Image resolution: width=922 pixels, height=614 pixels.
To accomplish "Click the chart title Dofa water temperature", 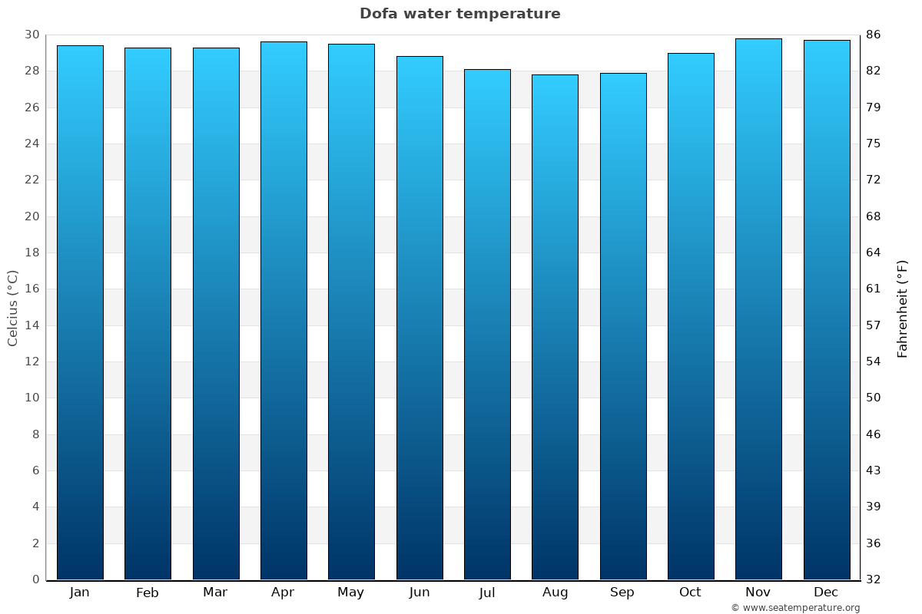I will (x=459, y=14).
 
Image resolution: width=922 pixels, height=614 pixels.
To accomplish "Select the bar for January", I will (x=80, y=312).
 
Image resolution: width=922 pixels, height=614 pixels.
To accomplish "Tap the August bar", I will (x=555, y=327).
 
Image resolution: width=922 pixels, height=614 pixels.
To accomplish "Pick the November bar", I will (x=758, y=309).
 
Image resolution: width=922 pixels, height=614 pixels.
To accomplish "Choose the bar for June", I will (x=420, y=318).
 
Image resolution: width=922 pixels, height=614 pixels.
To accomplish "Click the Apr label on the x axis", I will (x=283, y=593).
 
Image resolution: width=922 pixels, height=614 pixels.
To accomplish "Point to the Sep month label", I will (x=622, y=593).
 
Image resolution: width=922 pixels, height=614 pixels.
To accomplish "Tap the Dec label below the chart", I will (x=826, y=593).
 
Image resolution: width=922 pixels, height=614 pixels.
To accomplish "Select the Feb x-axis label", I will (x=147, y=593).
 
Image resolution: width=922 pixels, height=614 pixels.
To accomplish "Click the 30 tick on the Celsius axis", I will (x=32, y=35).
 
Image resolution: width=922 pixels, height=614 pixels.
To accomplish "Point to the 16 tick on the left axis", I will (x=32, y=289).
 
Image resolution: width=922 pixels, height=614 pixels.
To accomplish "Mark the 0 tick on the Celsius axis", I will (x=35, y=579).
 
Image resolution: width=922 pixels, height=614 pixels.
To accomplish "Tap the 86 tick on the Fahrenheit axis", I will (x=874, y=35).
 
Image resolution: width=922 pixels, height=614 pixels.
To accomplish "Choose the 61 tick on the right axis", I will (x=874, y=289).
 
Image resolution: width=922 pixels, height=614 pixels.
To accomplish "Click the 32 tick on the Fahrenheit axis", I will (x=874, y=579).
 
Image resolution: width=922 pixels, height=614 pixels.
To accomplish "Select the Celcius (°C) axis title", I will (x=12, y=308).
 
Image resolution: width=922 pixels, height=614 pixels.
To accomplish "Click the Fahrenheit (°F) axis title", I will (x=903, y=308).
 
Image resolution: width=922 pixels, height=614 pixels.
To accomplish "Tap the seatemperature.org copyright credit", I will (x=795, y=608).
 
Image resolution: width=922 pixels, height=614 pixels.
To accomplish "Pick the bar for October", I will (x=691, y=316).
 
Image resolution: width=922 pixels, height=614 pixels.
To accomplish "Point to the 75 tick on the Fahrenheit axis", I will (x=874, y=144).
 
